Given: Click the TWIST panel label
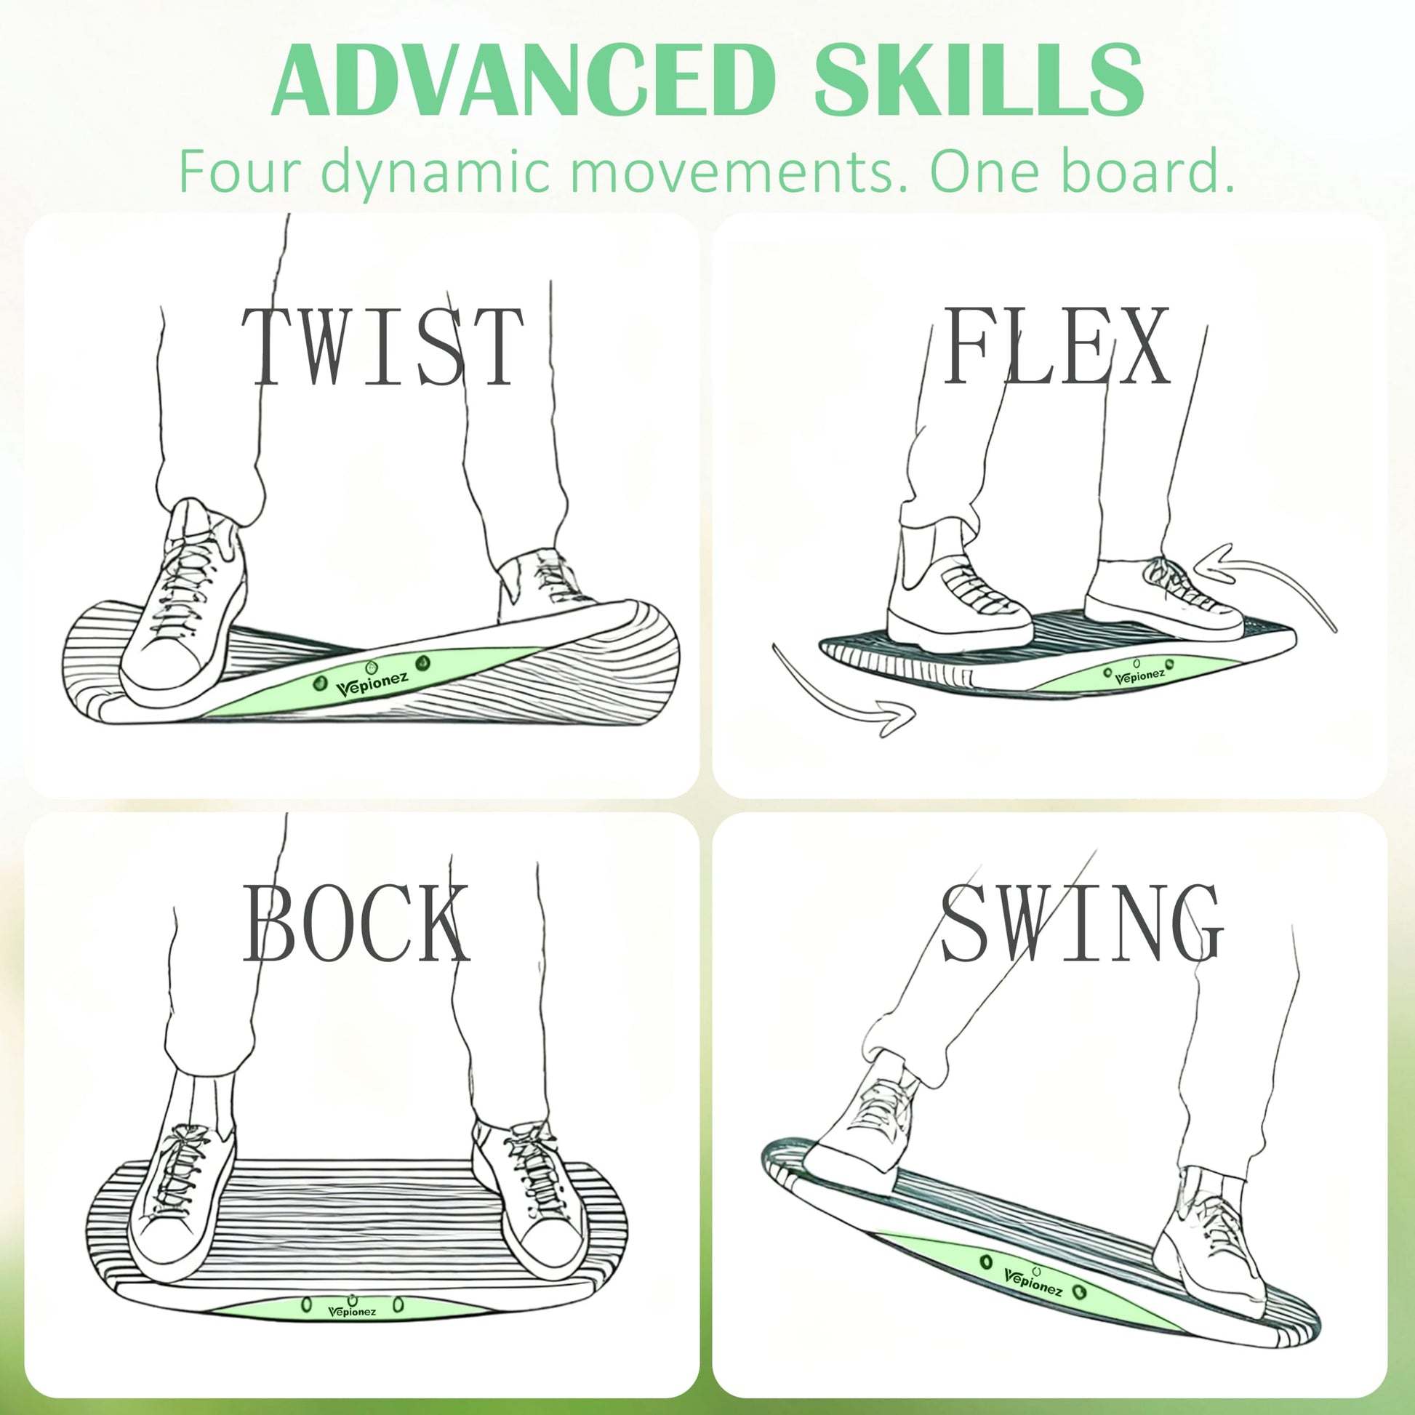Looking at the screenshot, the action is [382, 346].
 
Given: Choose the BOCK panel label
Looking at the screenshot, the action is [356, 922].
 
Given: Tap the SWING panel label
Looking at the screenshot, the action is [1081, 922].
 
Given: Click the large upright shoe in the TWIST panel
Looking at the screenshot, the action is [183, 604].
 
